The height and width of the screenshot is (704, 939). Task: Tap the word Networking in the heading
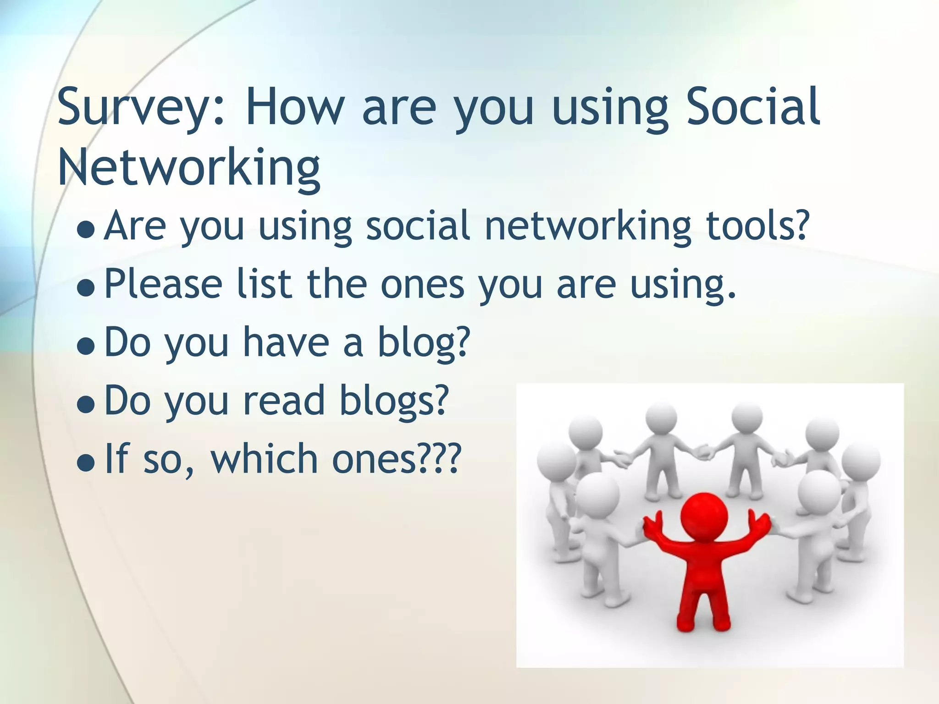point(189,168)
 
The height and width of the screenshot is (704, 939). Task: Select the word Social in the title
point(752,107)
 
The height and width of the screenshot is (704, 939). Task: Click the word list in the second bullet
point(264,283)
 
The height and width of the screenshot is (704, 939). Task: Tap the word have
point(286,342)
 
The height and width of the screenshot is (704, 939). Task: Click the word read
point(284,400)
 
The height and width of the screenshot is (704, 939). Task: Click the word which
point(264,458)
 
